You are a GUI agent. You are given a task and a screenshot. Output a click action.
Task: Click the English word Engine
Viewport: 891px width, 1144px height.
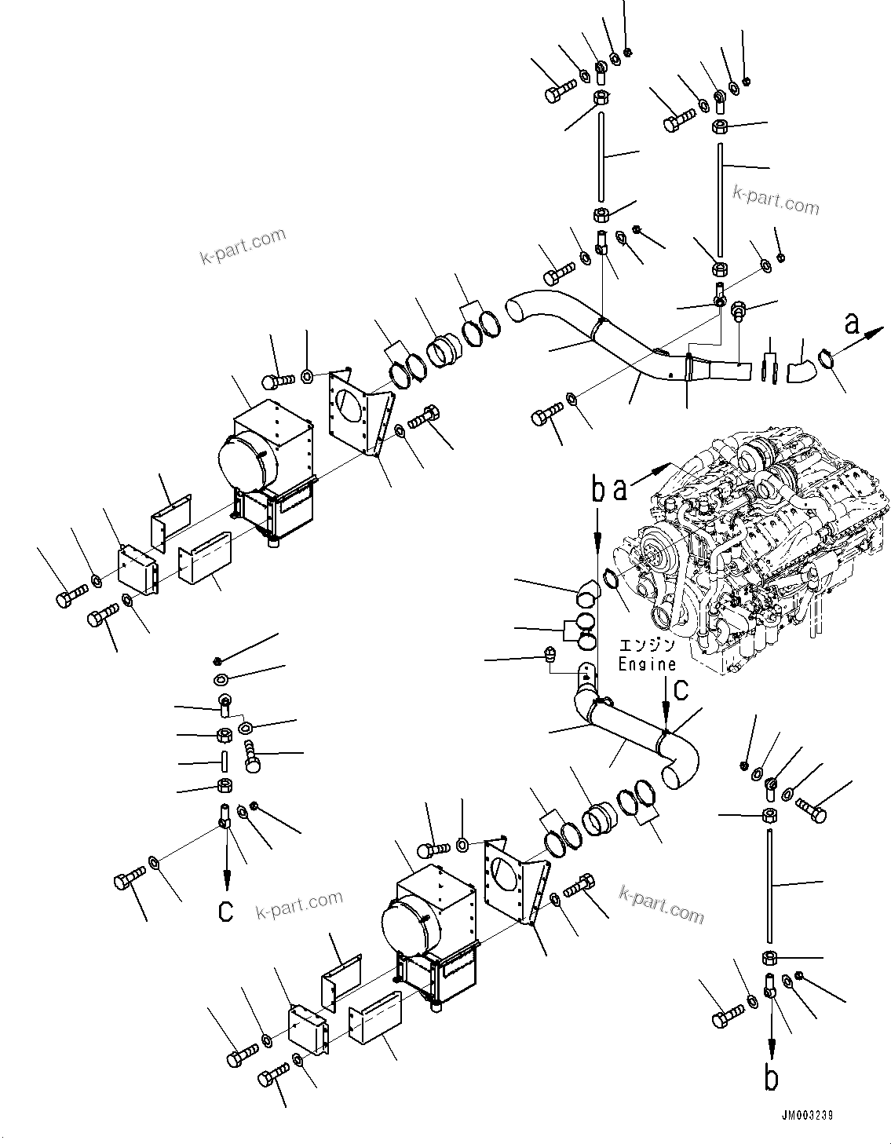tap(646, 663)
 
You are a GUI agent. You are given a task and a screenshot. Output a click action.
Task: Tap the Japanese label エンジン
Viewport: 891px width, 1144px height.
tap(646, 645)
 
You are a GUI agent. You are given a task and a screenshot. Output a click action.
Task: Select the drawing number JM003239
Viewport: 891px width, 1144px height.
tap(806, 1116)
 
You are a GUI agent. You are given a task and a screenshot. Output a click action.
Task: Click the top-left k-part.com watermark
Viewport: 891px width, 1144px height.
tap(243, 246)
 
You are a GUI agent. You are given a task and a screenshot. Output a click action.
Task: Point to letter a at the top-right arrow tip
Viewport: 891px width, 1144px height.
tap(851, 322)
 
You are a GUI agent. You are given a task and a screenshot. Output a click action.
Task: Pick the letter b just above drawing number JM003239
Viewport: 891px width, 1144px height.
tap(772, 1078)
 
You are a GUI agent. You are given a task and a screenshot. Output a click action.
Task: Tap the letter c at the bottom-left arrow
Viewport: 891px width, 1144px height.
tap(226, 911)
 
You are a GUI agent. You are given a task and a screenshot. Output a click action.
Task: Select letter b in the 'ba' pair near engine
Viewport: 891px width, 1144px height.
tap(598, 491)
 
